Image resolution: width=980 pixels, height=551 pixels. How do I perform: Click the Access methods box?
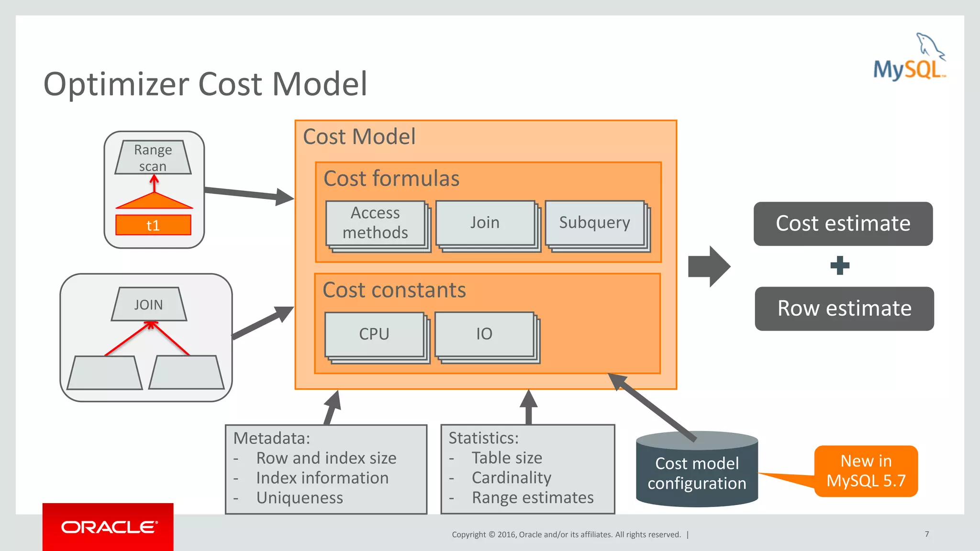376,223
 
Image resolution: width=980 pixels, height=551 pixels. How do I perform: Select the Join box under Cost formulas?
485,223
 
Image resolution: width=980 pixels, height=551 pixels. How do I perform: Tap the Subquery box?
595,223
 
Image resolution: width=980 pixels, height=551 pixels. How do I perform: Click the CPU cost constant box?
374,334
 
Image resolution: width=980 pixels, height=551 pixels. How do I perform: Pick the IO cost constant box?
484,334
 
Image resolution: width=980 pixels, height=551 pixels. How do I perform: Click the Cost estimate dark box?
843,224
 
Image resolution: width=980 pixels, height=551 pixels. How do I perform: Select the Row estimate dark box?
844,309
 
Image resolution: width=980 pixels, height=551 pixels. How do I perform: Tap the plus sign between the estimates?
840,265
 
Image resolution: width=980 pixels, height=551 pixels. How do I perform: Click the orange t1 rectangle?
153,225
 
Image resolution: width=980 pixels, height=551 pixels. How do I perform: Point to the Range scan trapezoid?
153,157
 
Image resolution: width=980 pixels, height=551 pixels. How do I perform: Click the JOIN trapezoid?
149,305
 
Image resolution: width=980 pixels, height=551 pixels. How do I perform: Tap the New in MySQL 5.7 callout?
866,471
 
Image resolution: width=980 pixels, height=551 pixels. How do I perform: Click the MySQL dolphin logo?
909,57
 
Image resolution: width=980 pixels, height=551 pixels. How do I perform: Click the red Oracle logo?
108,527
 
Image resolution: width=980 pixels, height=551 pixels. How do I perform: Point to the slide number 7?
927,534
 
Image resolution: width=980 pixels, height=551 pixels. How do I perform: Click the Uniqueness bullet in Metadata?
300,498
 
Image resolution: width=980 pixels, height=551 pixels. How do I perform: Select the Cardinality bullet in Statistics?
511,478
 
